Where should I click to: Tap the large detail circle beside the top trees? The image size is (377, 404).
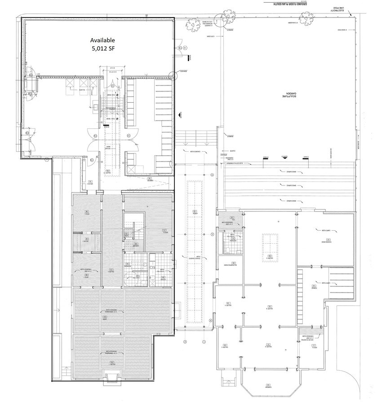[x=219, y=19]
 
